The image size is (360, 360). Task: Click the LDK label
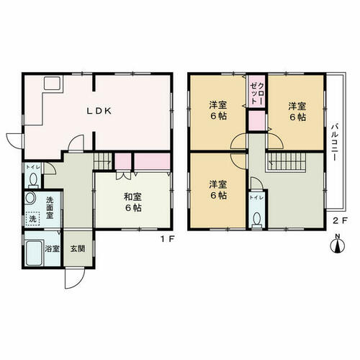(99, 111)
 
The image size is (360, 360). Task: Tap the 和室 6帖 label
(132, 202)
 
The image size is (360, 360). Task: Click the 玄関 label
(78, 248)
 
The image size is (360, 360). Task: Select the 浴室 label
(53, 248)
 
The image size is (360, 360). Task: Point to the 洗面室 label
(50, 207)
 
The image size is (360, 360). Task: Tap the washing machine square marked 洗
(33, 219)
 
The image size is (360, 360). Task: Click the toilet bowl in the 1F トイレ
(33, 179)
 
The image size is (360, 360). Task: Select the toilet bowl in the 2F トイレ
(257, 218)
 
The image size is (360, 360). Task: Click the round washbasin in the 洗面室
(30, 198)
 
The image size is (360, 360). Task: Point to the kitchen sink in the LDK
(52, 83)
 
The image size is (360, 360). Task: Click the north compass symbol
(338, 244)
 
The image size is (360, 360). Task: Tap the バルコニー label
(335, 142)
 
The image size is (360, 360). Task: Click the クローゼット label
(257, 93)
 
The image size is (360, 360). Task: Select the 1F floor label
(166, 239)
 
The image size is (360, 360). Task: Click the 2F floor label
(340, 220)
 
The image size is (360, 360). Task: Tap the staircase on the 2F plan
(287, 161)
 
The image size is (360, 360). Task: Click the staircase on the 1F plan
(102, 161)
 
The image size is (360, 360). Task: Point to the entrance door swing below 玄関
(75, 278)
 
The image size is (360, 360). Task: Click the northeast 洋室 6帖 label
(297, 111)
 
